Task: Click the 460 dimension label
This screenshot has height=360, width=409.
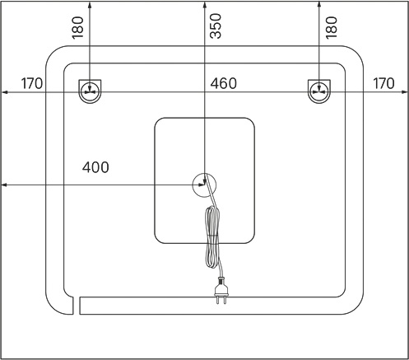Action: tap(223, 83)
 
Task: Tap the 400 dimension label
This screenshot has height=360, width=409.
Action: tap(95, 167)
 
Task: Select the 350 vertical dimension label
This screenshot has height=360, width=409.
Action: tap(216, 26)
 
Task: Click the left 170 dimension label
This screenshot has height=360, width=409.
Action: tap(32, 83)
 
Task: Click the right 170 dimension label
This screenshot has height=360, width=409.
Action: tap(383, 83)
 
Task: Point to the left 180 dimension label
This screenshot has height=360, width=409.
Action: tap(77, 28)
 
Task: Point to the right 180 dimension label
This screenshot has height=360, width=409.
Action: tap(332, 28)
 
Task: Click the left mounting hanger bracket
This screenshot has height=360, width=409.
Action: tap(90, 91)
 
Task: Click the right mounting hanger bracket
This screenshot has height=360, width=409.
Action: tap(319, 91)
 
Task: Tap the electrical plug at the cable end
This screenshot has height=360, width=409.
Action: tap(221, 291)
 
